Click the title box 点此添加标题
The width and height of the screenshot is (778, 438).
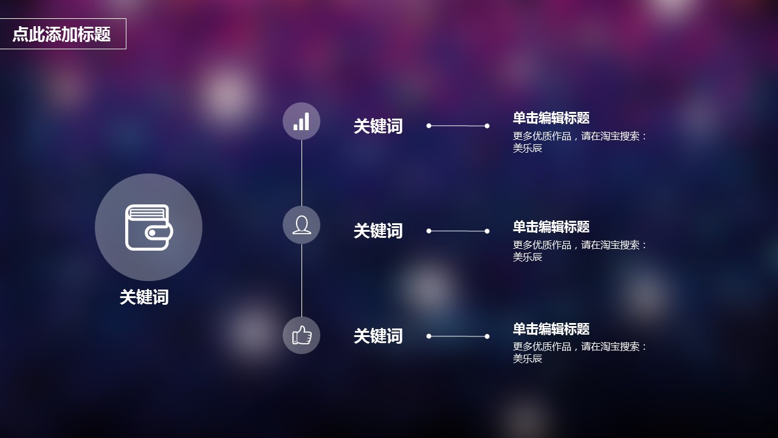(x=62, y=34)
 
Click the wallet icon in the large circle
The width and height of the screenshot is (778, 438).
(x=149, y=228)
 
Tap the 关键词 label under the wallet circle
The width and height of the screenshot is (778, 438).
(x=144, y=297)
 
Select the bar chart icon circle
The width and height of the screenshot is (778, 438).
(x=301, y=121)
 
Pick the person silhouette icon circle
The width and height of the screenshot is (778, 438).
(x=301, y=225)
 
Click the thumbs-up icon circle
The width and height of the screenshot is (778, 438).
(x=301, y=335)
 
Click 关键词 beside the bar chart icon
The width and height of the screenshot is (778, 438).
(x=378, y=127)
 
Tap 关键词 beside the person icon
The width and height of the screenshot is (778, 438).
(x=378, y=231)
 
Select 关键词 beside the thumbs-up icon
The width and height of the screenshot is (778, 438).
(x=378, y=336)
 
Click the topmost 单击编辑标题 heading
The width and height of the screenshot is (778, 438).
(x=551, y=118)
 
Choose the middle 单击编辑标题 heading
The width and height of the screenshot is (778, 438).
(x=551, y=227)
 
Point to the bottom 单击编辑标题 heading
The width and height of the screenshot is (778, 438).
(x=551, y=329)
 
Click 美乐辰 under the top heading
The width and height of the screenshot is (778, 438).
(x=528, y=148)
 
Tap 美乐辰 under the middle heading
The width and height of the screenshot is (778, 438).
(x=528, y=257)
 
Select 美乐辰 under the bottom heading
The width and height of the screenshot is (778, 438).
(x=528, y=358)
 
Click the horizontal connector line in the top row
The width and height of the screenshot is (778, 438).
(x=458, y=126)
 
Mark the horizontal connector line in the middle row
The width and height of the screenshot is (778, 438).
(x=458, y=231)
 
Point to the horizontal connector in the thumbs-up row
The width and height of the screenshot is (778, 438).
(x=458, y=336)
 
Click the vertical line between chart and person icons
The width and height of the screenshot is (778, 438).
(x=301, y=173)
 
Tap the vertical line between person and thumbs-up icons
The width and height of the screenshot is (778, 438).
(x=301, y=280)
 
